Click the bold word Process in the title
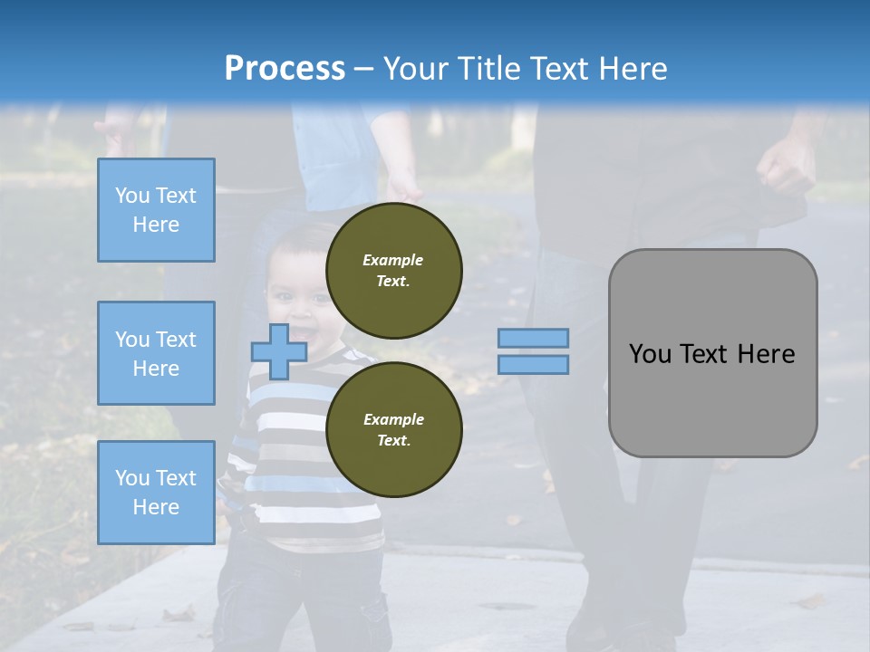(285, 69)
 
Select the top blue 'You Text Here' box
(156, 210)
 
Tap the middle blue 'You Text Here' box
(156, 353)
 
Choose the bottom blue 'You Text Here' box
(156, 493)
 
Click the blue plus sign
(278, 352)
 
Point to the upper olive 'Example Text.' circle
(393, 271)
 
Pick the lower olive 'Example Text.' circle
(393, 430)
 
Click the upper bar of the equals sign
(533, 338)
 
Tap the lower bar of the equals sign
(533, 365)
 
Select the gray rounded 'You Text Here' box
(712, 353)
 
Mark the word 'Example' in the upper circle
(393, 261)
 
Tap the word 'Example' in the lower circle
(393, 420)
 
